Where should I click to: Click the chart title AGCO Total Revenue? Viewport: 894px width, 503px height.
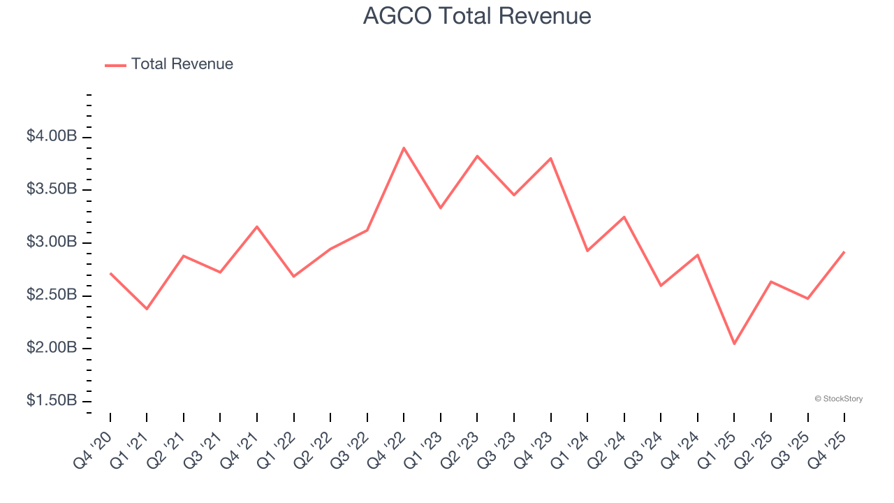[477, 16]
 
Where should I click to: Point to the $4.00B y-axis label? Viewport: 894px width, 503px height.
[52, 136]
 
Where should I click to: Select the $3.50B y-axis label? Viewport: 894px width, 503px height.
[52, 189]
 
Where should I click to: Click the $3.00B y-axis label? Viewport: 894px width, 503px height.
[52, 242]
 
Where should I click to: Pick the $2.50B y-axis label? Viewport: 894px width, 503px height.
[52, 296]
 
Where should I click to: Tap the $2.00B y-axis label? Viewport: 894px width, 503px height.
[52, 348]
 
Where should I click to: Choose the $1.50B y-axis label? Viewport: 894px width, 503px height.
[52, 401]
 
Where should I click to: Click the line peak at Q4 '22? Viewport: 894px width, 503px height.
[404, 148]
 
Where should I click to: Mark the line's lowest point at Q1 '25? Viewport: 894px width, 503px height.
[734, 344]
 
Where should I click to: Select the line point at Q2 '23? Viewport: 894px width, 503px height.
[477, 156]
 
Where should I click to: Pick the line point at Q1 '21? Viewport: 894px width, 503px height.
[147, 309]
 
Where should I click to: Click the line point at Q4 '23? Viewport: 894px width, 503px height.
[551, 159]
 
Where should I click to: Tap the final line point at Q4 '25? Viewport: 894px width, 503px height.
[844, 251]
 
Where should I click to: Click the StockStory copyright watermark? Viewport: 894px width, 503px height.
[838, 399]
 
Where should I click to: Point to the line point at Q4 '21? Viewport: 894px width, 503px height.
[257, 226]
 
